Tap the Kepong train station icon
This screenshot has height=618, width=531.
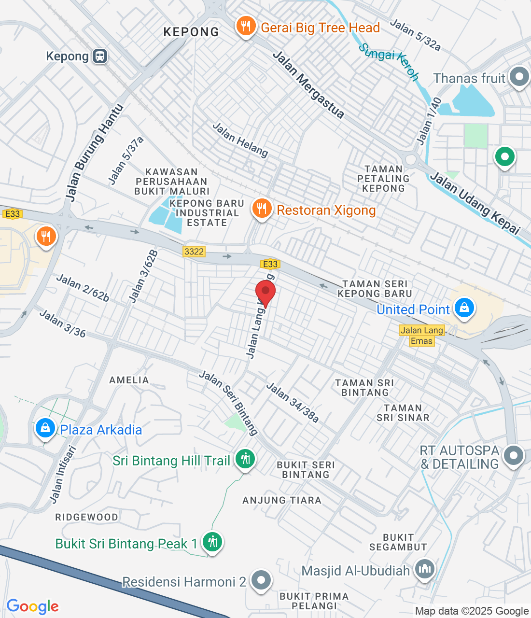(100, 56)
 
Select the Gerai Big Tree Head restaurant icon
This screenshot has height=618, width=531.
(246, 27)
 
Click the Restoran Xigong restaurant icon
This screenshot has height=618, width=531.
(262, 209)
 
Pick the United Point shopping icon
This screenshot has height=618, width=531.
(464, 308)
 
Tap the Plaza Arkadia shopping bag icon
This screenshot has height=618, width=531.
(45, 428)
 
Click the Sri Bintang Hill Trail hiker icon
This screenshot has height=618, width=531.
(245, 459)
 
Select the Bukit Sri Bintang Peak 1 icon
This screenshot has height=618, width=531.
(212, 542)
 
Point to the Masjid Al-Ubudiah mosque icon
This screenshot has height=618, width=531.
(424, 569)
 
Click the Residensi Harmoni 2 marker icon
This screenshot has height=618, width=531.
(261, 580)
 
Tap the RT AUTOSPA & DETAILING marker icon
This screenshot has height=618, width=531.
(513, 456)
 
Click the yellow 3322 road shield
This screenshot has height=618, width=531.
(194, 252)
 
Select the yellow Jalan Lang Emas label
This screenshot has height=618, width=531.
(422, 336)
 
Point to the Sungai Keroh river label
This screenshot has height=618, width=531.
(389, 61)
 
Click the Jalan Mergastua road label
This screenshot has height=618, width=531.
(309, 85)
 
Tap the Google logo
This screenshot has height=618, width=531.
(33, 606)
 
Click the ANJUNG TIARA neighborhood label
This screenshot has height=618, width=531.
(282, 500)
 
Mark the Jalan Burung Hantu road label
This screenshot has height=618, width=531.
(94, 153)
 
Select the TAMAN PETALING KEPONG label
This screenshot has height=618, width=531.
(383, 179)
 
